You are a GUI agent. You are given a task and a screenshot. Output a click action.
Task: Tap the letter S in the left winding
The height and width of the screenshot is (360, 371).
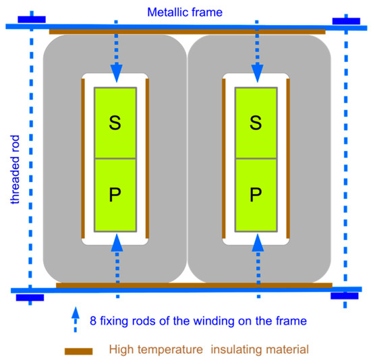[115, 122]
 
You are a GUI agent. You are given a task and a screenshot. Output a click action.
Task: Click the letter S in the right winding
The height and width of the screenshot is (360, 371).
[255, 122]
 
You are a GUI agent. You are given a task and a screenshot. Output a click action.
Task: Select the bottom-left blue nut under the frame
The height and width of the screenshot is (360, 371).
[29, 297]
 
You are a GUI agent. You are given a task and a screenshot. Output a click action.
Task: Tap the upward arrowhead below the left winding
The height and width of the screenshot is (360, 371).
[116, 242]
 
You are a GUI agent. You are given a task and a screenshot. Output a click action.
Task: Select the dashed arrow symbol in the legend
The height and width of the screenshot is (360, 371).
[73, 320]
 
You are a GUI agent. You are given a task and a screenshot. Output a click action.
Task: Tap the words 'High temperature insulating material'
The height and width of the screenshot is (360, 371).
[210, 349]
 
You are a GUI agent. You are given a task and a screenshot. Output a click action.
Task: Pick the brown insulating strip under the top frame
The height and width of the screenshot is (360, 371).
[187, 32]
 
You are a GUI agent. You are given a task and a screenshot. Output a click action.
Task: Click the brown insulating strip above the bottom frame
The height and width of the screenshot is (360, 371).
[194, 285]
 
